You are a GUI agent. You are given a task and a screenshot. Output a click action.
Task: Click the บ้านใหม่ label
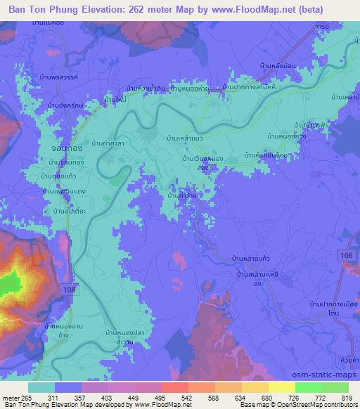pos(115,101)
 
